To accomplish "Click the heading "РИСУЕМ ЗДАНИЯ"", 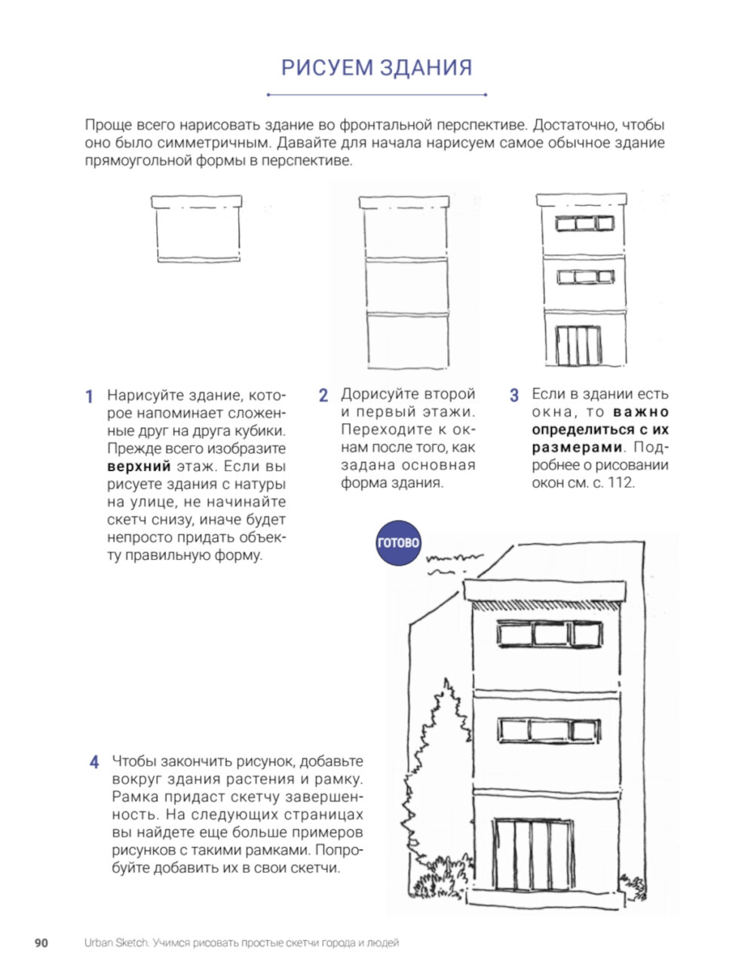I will (x=376, y=68).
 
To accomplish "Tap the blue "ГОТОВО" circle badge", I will (x=398, y=543).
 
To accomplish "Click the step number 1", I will (x=89, y=396).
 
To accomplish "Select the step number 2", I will (x=323, y=396).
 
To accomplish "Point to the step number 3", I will (x=514, y=396).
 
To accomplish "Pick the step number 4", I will (x=94, y=762).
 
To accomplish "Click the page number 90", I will (x=41, y=943).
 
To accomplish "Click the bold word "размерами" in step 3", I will (x=578, y=448).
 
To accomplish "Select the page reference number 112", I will (x=622, y=483).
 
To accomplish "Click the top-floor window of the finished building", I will (x=550, y=634).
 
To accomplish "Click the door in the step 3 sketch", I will (x=579, y=346).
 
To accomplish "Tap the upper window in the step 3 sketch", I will (x=584, y=223).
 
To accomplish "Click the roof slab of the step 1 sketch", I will (x=197, y=202).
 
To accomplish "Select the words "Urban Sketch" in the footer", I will (x=115, y=943).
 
